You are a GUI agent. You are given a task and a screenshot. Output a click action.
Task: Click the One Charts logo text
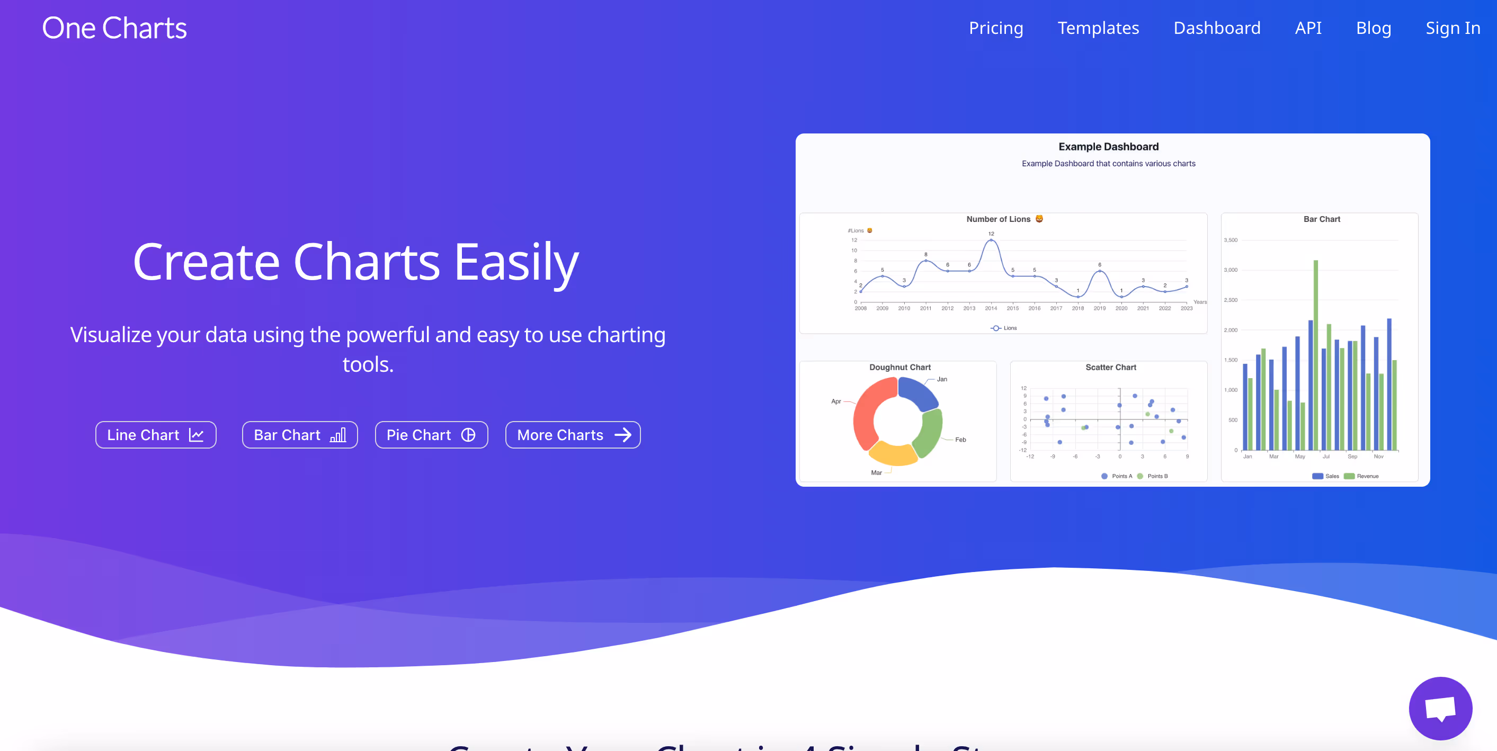[x=114, y=29]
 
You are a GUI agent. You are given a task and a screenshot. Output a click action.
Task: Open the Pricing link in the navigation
[x=995, y=28]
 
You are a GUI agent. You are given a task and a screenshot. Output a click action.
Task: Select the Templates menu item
[x=1098, y=28]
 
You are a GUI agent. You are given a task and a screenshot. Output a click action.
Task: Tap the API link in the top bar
[x=1307, y=28]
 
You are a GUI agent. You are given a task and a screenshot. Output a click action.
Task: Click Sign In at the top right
[x=1453, y=28]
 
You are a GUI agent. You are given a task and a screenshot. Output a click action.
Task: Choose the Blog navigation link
[x=1373, y=28]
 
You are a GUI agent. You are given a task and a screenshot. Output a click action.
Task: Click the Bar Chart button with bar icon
[x=299, y=435]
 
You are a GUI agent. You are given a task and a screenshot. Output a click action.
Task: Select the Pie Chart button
[x=431, y=435]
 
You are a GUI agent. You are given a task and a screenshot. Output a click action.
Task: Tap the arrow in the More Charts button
[x=623, y=435]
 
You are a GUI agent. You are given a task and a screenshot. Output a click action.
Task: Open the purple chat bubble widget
[x=1440, y=708]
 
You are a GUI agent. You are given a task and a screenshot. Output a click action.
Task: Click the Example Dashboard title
[x=1108, y=147]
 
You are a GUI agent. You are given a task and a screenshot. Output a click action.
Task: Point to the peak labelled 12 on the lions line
[x=991, y=240]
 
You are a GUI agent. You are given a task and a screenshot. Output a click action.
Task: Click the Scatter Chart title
[x=1110, y=368]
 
